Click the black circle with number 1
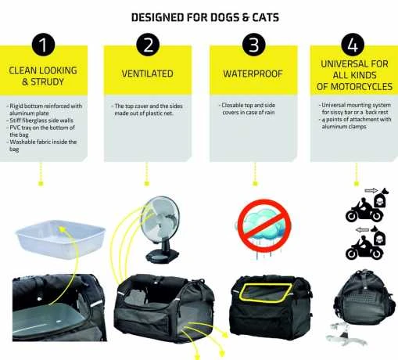(42, 45)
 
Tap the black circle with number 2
(146, 45)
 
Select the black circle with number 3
(252, 45)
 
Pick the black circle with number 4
(354, 45)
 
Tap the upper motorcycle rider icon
(360, 208)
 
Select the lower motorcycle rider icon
(360, 246)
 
